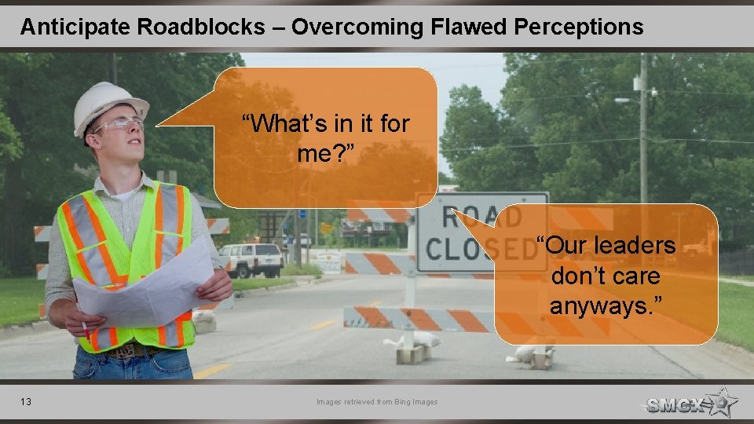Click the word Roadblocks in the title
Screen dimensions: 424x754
(201, 27)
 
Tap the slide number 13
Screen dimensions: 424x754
(26, 402)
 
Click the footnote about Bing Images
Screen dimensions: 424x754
(377, 402)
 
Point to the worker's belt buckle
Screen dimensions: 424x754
(125, 352)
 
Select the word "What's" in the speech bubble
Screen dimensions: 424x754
(279, 123)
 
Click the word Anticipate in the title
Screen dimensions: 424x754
(75, 27)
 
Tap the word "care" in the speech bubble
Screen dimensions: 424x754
(636, 276)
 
